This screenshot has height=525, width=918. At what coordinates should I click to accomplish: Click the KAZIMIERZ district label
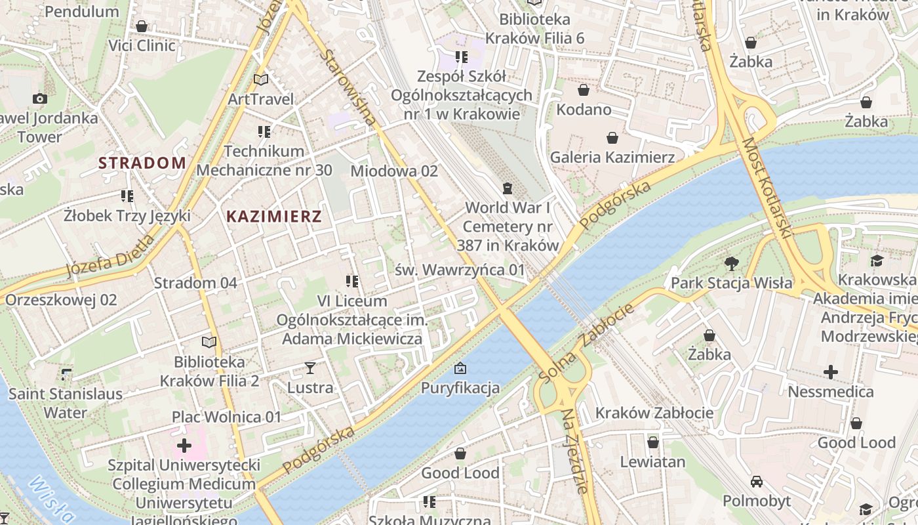click(x=273, y=217)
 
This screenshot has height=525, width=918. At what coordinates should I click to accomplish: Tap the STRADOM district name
click(x=142, y=163)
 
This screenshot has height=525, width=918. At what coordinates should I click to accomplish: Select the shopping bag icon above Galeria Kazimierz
click(x=612, y=138)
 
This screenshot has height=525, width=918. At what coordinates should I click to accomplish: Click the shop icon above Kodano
click(x=583, y=90)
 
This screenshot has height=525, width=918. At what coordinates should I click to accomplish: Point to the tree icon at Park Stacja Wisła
click(x=731, y=264)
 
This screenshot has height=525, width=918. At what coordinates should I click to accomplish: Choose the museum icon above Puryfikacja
click(x=460, y=368)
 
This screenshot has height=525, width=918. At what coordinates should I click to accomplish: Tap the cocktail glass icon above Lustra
click(x=310, y=368)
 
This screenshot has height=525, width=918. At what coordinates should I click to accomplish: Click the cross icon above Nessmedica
click(x=831, y=372)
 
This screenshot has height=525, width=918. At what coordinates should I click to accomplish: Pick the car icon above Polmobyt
click(x=757, y=481)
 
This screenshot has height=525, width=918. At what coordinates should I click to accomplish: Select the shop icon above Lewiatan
click(x=652, y=442)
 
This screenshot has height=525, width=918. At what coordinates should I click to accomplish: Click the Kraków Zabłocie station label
click(x=654, y=413)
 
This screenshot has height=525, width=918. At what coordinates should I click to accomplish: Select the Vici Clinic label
click(x=142, y=45)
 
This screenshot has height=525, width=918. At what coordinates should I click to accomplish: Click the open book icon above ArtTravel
click(x=261, y=80)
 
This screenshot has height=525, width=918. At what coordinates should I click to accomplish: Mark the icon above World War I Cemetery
click(x=507, y=189)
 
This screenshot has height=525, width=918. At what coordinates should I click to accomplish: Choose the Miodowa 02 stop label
click(x=393, y=171)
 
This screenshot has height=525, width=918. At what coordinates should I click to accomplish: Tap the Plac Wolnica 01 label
click(x=226, y=417)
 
